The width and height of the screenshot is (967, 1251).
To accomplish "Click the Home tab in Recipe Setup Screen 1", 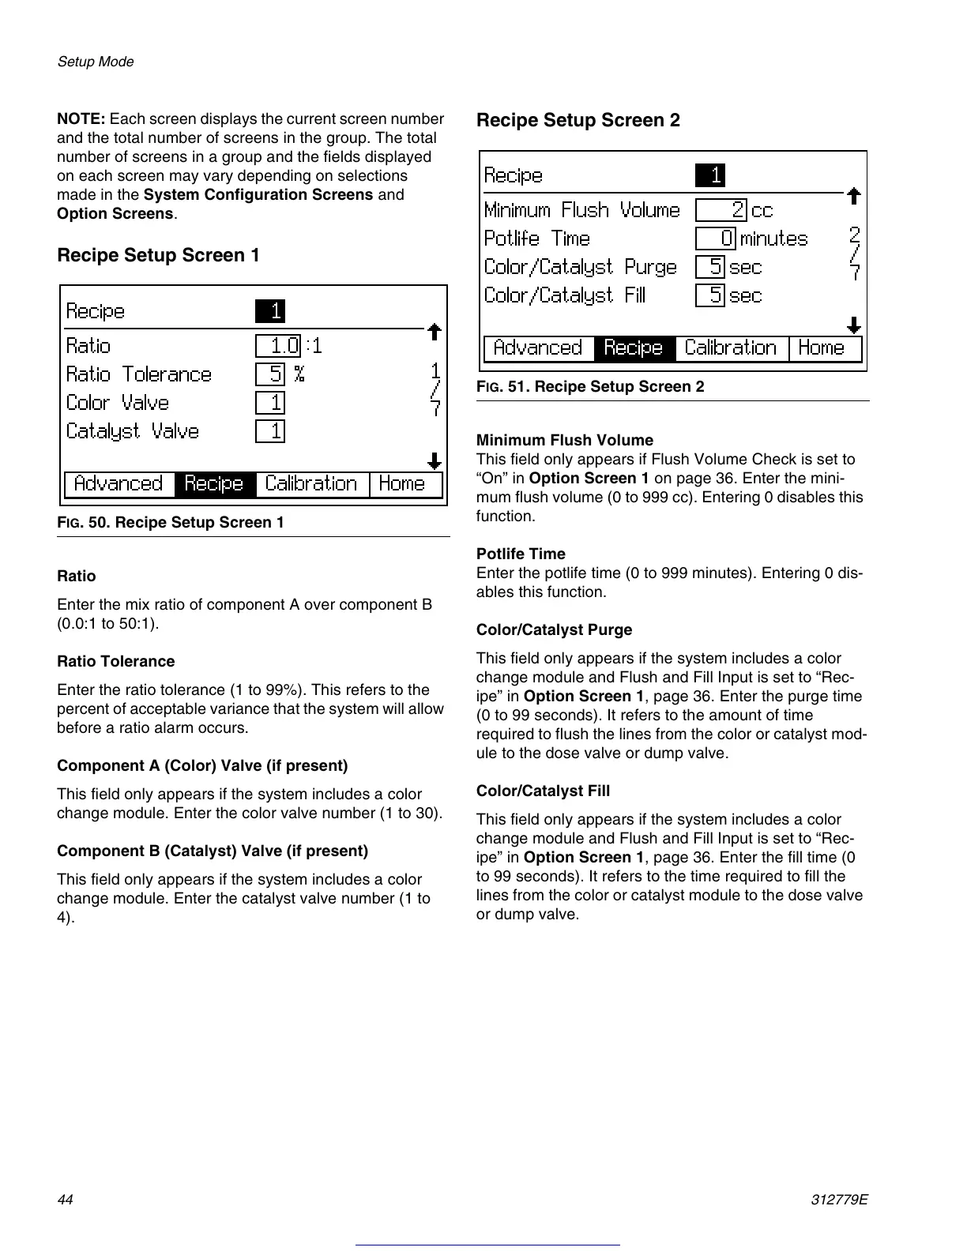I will click(x=404, y=484).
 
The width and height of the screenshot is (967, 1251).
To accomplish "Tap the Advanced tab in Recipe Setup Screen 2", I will click(x=538, y=348).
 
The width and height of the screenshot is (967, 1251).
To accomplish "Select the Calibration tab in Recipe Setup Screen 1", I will click(x=312, y=484).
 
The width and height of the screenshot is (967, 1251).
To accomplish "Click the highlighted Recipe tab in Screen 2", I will click(x=634, y=348).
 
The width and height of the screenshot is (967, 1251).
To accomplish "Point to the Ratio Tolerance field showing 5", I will click(x=270, y=374).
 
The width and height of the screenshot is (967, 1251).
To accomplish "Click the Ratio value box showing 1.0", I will click(x=278, y=346).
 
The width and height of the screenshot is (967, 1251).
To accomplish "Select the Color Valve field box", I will click(x=270, y=403).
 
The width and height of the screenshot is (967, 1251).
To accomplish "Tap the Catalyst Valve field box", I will click(x=270, y=431).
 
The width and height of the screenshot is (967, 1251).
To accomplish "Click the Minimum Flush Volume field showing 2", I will click(x=721, y=210).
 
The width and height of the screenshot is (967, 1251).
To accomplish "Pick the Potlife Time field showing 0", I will click(x=716, y=239).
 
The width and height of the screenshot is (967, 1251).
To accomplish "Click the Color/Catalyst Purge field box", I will click(x=710, y=267).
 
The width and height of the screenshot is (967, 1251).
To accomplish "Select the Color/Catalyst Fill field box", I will click(x=710, y=295).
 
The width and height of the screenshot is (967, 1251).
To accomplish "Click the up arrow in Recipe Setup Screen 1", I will click(x=434, y=332).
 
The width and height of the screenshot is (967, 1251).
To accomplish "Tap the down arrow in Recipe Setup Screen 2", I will click(x=853, y=325).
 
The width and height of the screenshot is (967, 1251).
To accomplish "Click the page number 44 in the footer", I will click(x=65, y=1200).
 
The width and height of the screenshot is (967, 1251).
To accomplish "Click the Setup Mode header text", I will click(x=96, y=62).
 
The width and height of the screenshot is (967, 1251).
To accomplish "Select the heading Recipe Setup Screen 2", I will click(x=578, y=120).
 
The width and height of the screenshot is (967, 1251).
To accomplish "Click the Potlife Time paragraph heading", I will click(x=521, y=554).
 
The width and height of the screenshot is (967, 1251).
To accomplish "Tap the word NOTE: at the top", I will click(x=81, y=119).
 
